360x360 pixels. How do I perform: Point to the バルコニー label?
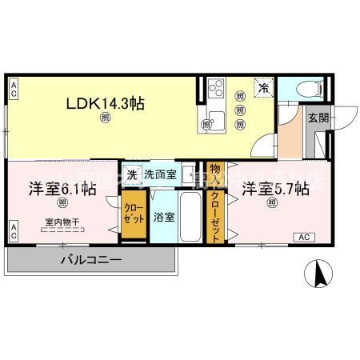click(x=90, y=260)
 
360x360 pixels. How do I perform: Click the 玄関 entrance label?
click(x=317, y=118)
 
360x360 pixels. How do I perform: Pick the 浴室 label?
click(x=163, y=216)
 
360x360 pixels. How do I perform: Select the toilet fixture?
click(x=307, y=89)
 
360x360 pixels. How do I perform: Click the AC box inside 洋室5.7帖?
click(x=303, y=238)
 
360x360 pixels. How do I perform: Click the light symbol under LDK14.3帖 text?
click(x=106, y=119)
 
